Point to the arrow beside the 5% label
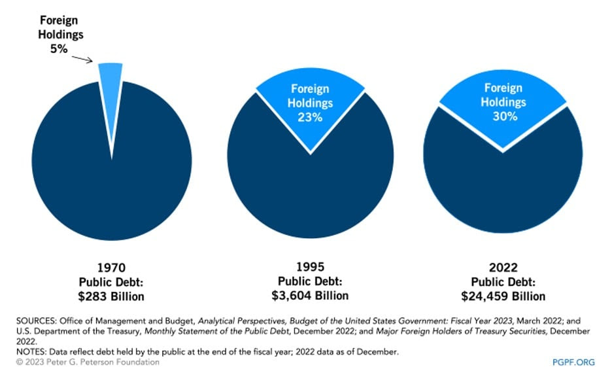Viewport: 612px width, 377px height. (x=82, y=59)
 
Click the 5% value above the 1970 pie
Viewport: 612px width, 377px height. (x=59, y=49)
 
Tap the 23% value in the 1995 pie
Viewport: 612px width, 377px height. (x=310, y=117)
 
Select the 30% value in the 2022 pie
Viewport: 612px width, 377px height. (x=505, y=116)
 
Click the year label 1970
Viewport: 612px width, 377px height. (x=111, y=268)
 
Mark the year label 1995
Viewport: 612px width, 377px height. (x=311, y=267)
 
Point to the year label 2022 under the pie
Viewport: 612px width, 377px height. (x=503, y=268)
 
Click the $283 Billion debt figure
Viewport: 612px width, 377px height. (x=111, y=296)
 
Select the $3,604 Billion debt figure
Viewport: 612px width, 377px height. (x=311, y=295)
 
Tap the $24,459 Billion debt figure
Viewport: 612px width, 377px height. (x=503, y=296)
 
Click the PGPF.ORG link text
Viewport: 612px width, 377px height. (x=573, y=362)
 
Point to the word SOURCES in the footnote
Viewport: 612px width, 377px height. (x=37, y=321)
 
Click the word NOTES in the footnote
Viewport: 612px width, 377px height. (x=31, y=351)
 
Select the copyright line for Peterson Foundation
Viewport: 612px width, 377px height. (x=88, y=362)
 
